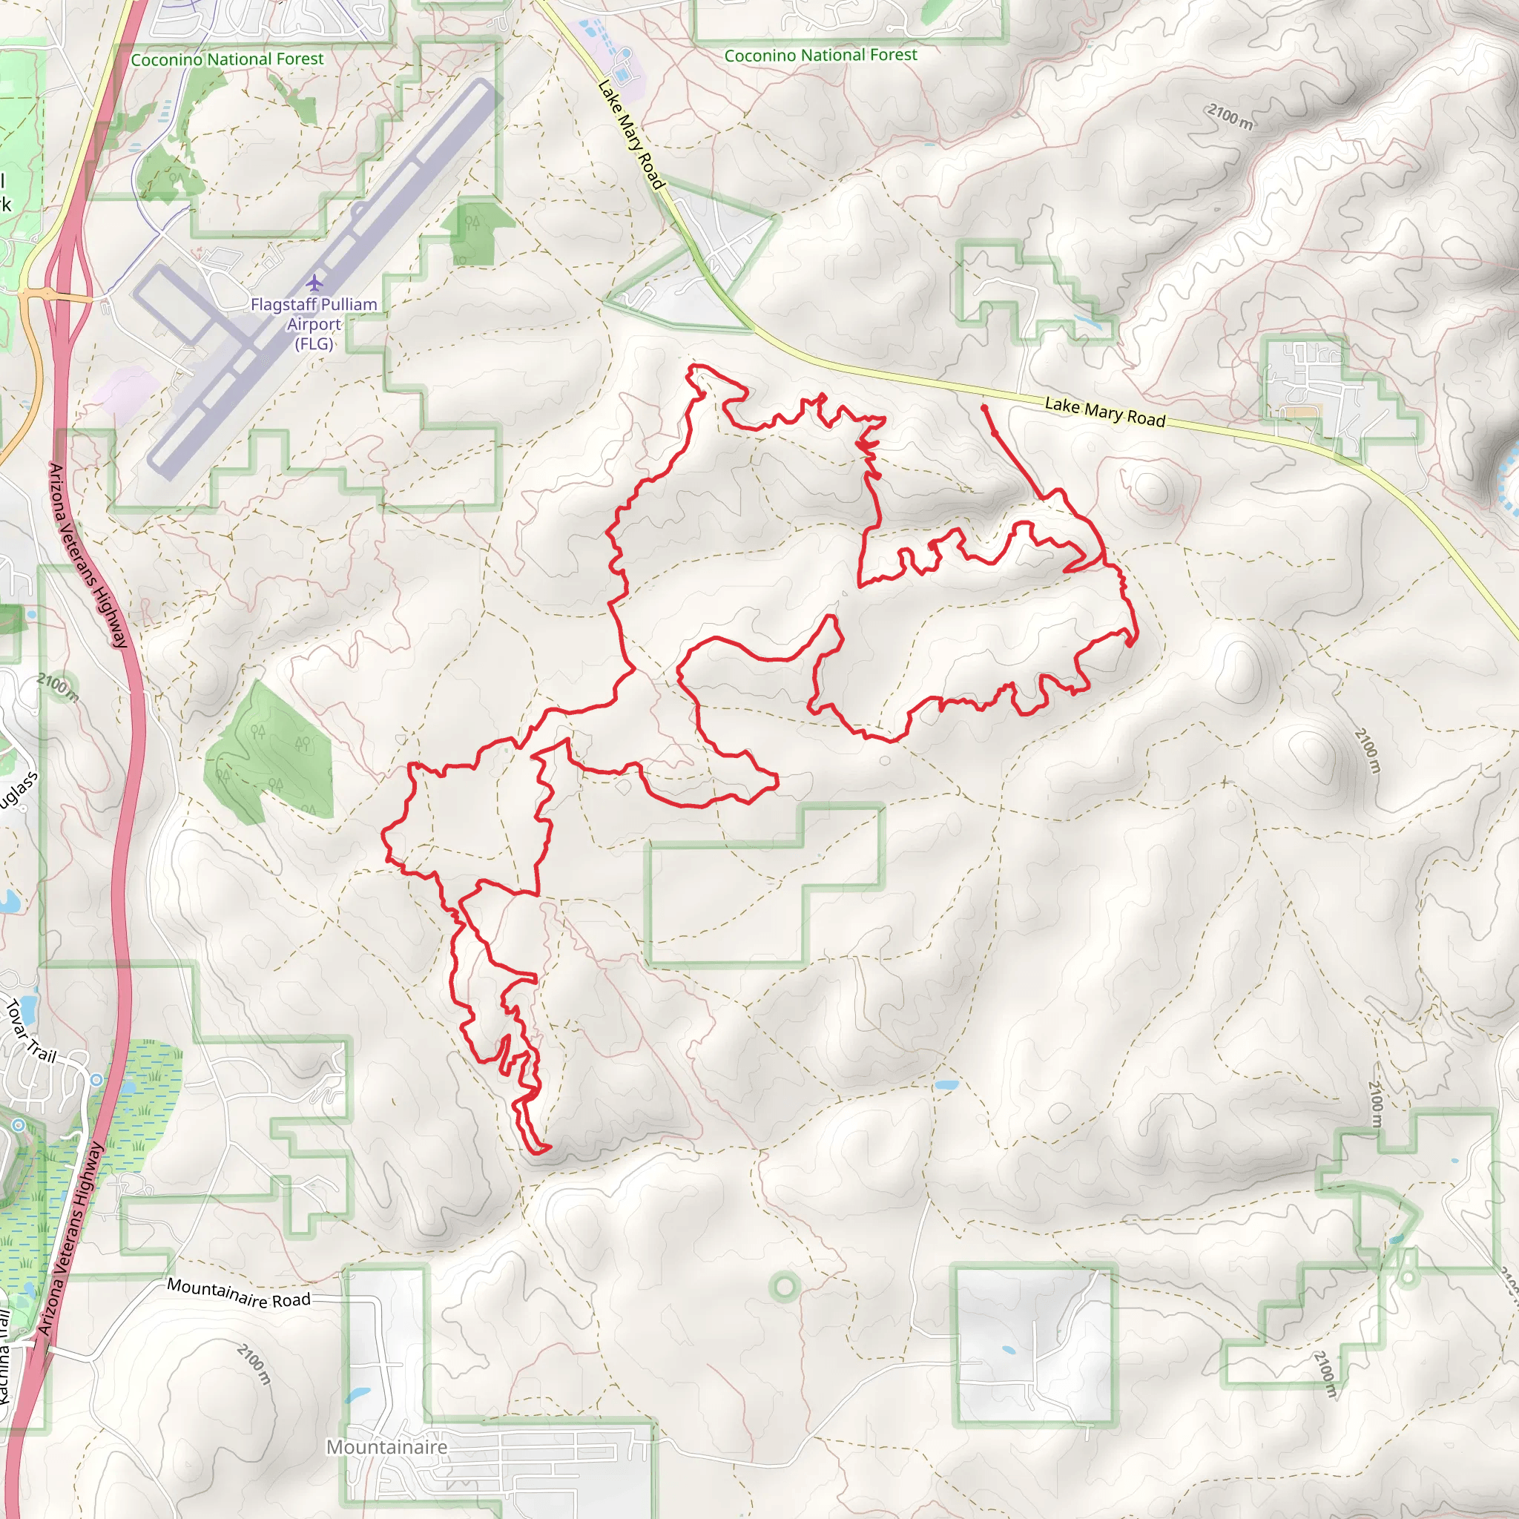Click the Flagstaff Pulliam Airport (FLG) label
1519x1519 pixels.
[314, 323]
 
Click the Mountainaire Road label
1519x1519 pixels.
[239, 1294]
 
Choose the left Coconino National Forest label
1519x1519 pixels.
[227, 59]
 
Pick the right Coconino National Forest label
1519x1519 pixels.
[820, 55]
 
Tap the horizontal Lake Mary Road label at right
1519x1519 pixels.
[1104, 412]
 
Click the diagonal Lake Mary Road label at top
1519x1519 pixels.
[630, 134]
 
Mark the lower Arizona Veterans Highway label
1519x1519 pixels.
[70, 1239]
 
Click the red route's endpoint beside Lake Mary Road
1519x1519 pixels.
[983, 407]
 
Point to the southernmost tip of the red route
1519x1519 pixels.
[541, 1153]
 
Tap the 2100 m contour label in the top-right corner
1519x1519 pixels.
[1230, 116]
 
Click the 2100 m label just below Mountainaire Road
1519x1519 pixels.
[254, 1364]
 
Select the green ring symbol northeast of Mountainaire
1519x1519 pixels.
[784, 1286]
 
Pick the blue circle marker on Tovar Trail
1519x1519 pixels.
[96, 1079]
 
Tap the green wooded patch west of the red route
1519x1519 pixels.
[267, 755]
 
